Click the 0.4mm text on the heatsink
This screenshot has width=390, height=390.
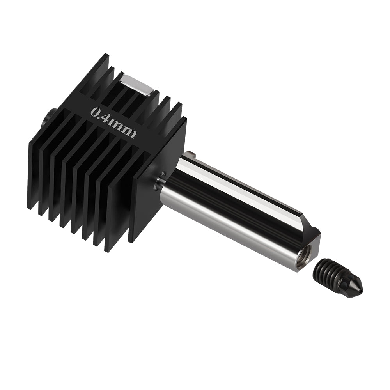[x=113, y=122]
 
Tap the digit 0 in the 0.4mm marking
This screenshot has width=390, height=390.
[x=94, y=112]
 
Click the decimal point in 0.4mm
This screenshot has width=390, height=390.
[x=100, y=116]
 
